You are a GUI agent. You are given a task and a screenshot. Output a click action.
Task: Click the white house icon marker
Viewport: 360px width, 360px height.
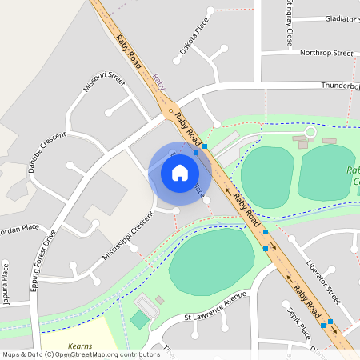click(x=180, y=173)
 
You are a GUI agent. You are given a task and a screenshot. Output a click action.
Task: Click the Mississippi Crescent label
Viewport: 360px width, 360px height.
click(x=127, y=235)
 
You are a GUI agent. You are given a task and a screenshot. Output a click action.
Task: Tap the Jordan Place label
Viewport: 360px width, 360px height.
click(x=18, y=228)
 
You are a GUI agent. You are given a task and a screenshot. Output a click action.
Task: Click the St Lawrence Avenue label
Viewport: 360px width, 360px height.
click(x=216, y=306)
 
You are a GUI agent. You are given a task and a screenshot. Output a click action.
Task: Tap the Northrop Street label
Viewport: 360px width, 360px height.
click(x=326, y=53)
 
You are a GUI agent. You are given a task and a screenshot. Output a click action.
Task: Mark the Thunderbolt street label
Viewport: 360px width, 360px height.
click(x=340, y=86)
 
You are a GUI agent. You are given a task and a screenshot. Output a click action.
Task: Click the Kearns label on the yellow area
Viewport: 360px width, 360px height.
click(x=80, y=346)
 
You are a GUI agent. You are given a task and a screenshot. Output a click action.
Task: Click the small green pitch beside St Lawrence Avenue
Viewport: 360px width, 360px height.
click(x=140, y=319)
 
